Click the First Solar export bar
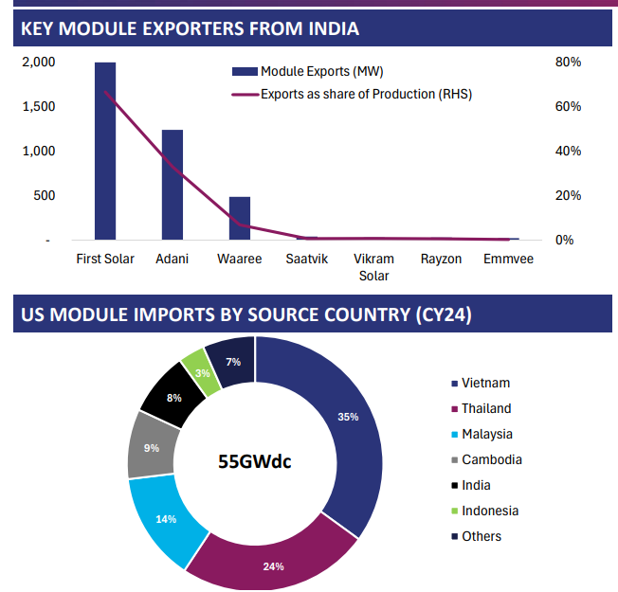105,152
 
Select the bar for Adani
172,185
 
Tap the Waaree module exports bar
240,218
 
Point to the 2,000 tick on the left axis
39,63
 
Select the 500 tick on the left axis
44,196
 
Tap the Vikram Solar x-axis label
373,267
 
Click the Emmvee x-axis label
508,259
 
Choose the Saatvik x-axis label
306,259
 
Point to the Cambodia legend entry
491,459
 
